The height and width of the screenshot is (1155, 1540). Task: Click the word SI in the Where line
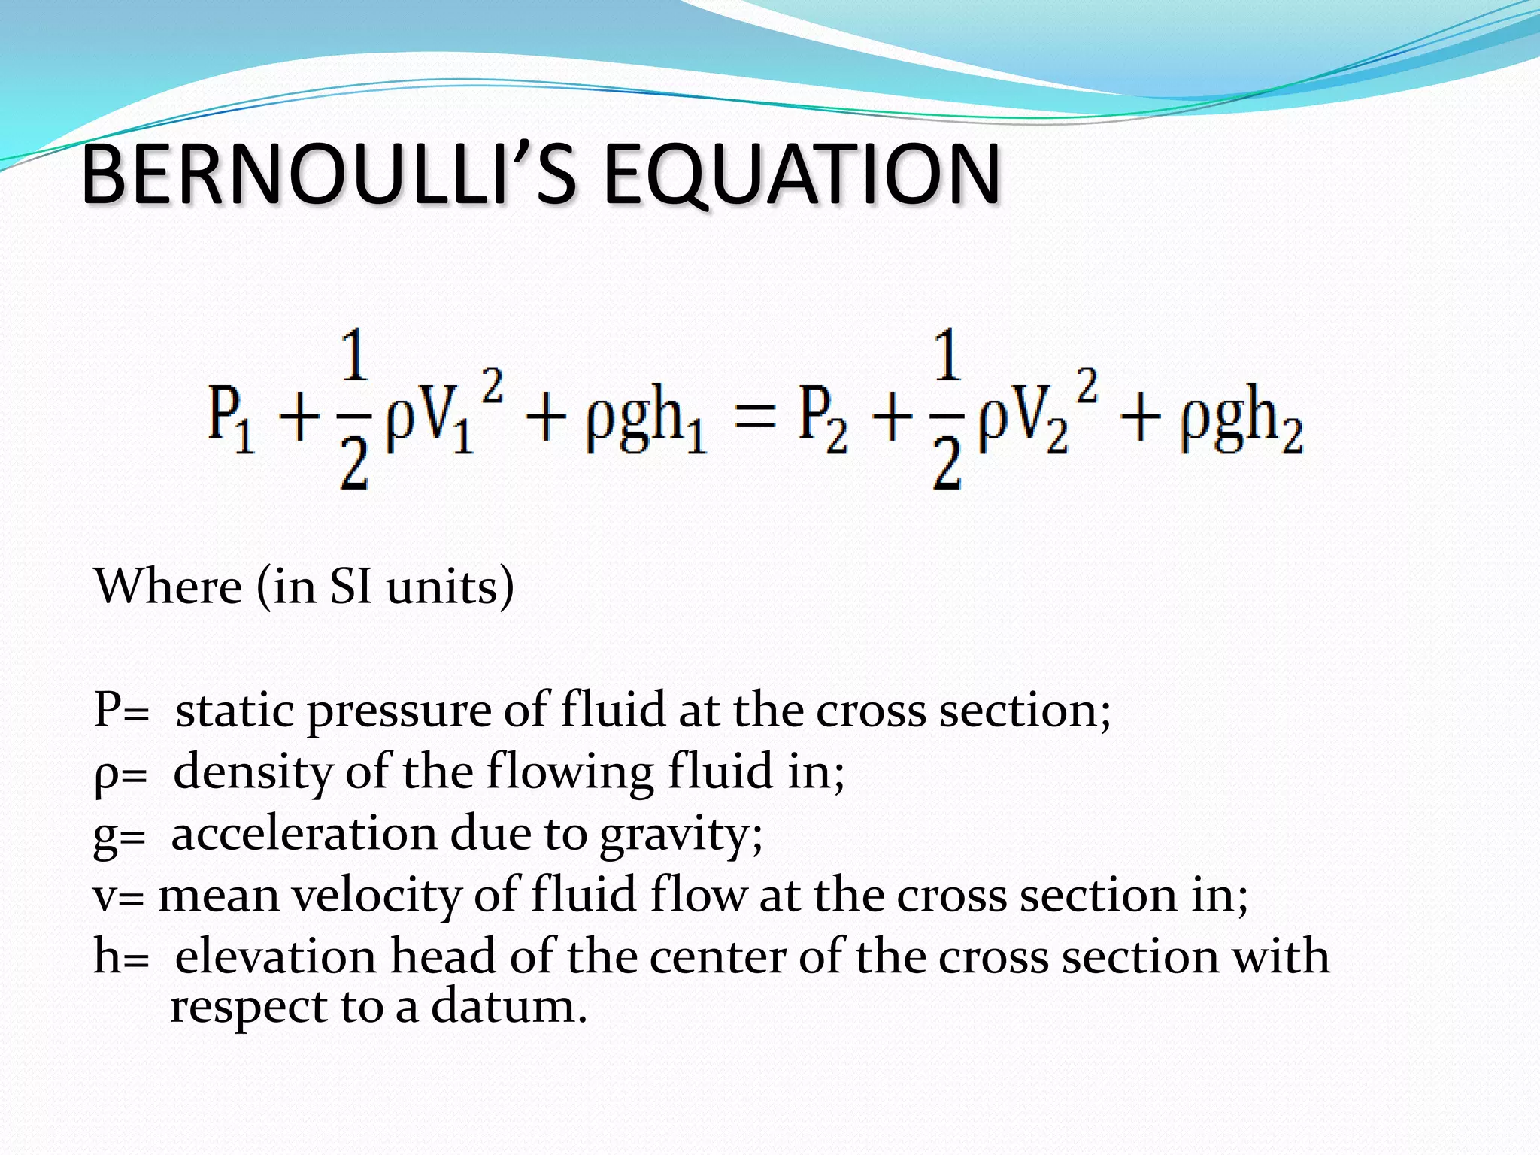(x=350, y=587)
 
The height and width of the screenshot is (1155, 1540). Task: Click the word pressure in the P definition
(x=399, y=711)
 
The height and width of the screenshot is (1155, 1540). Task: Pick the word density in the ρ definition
(x=253, y=773)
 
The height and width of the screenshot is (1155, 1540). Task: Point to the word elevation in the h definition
(x=275, y=956)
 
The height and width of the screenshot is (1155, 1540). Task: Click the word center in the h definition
(x=717, y=958)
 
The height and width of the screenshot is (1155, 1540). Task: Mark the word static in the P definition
(x=235, y=711)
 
